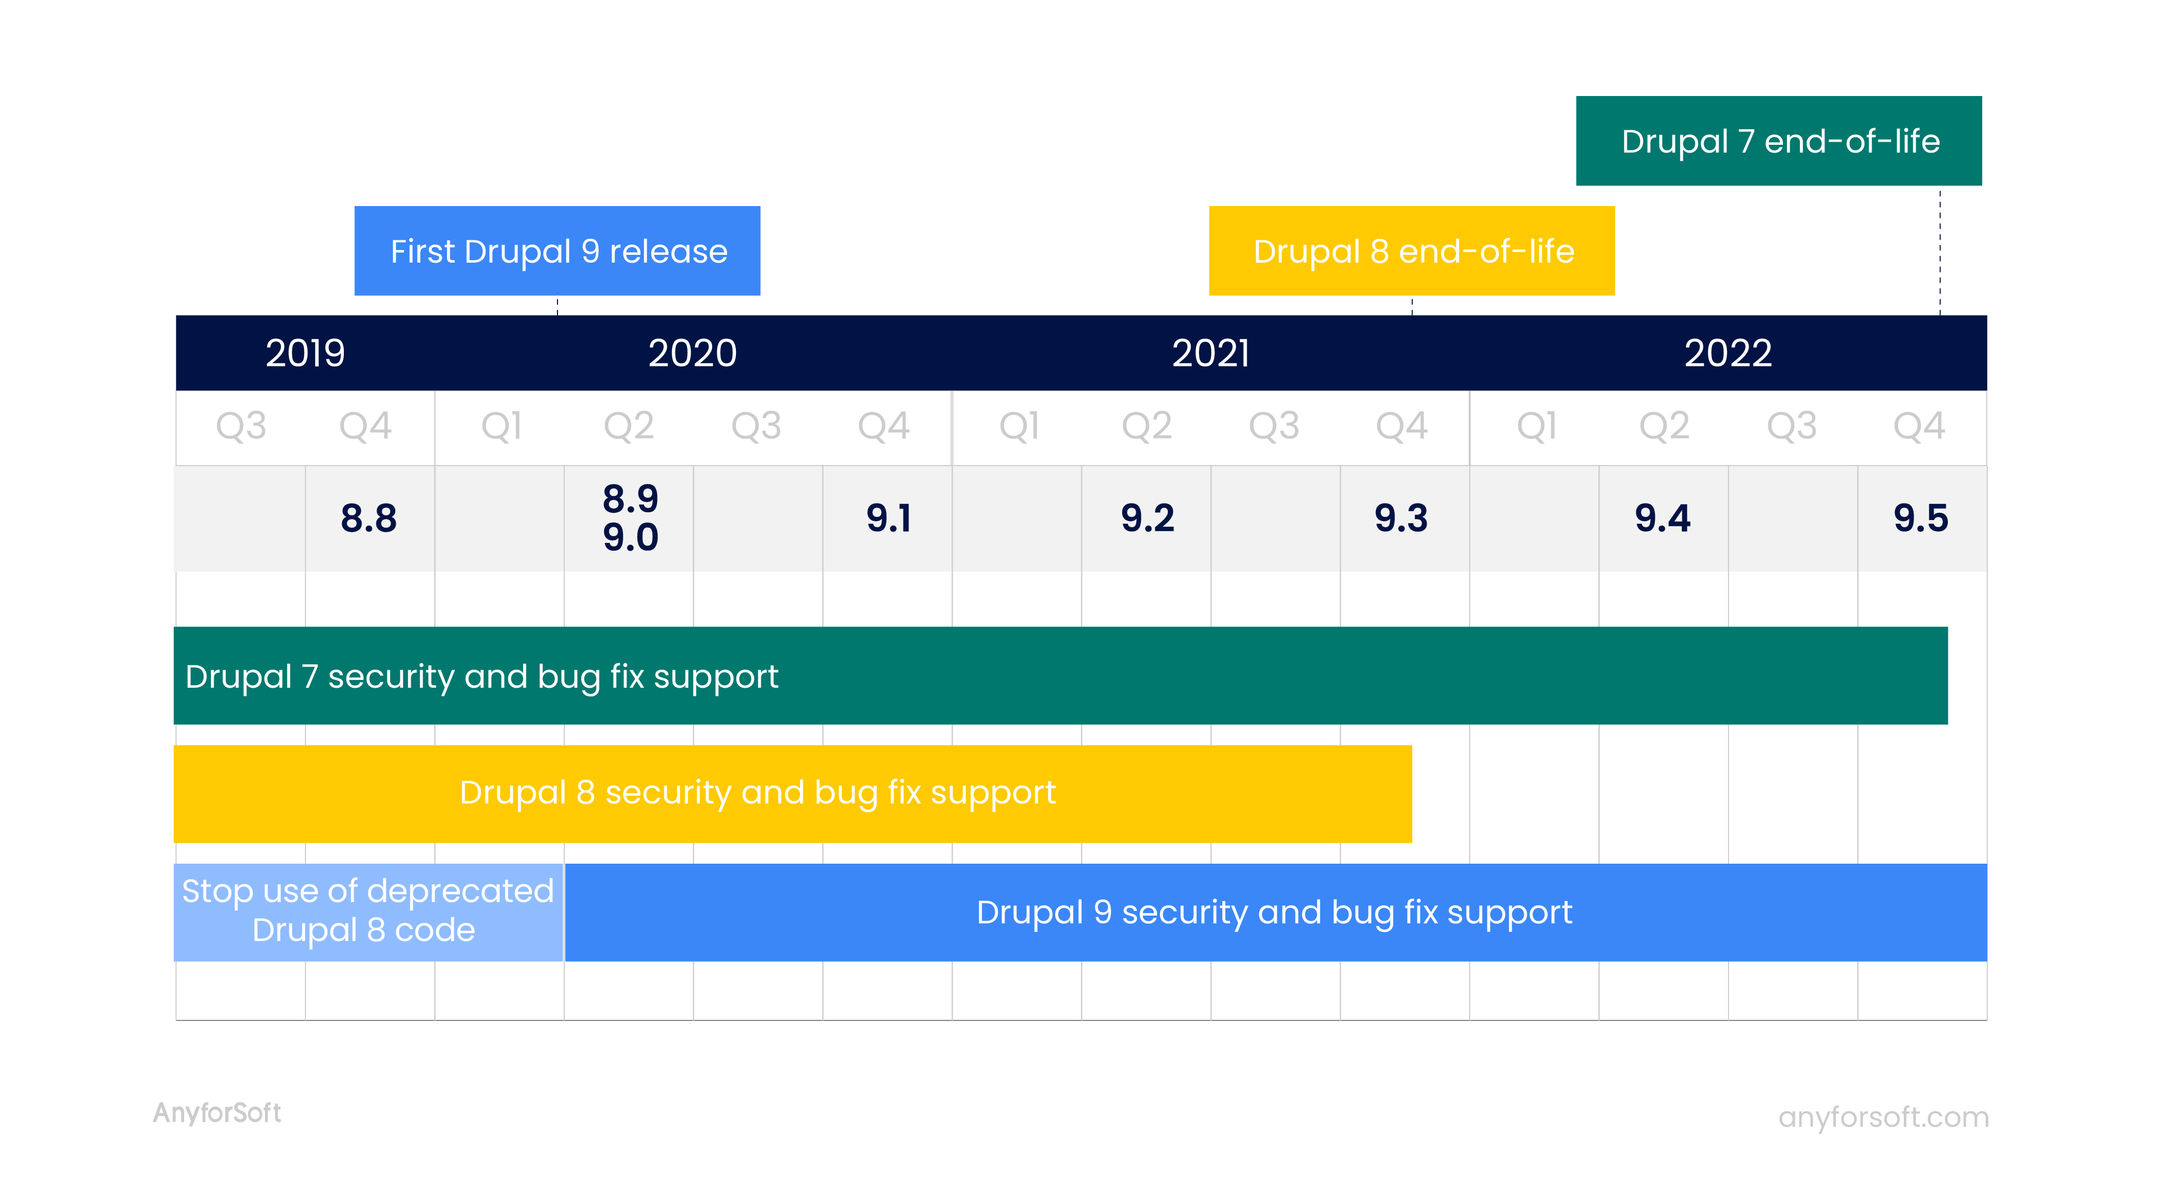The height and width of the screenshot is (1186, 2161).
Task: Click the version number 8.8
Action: [369, 518]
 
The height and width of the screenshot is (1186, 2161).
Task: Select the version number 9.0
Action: [631, 537]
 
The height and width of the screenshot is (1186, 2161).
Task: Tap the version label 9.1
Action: [888, 518]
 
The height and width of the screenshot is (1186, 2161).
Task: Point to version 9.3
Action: [1401, 518]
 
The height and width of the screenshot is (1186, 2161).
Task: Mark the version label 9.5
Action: [1921, 518]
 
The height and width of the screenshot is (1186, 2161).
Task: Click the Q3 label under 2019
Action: [241, 427]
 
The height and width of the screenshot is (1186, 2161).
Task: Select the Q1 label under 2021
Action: [1019, 427]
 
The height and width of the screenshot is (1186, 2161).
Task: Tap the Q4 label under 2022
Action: [1919, 427]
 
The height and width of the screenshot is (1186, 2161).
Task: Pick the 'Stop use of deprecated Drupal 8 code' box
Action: [368, 912]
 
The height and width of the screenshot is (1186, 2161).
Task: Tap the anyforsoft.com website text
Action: [1884, 1117]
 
